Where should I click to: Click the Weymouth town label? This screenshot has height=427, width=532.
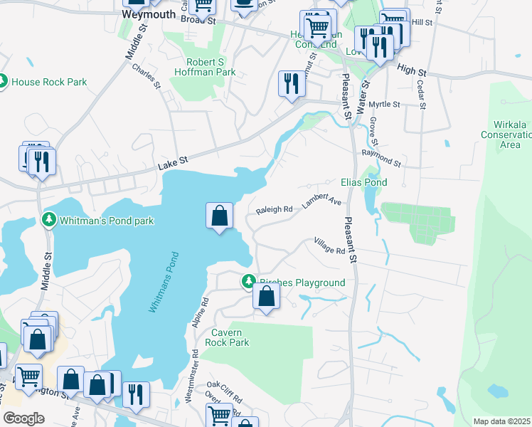(148, 14)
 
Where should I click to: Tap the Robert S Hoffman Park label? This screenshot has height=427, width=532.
(211, 67)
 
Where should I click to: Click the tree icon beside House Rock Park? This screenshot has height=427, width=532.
(3, 82)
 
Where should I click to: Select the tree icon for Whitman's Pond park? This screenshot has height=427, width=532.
(49, 221)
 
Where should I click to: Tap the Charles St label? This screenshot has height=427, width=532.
(147, 77)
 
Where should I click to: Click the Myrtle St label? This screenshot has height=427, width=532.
(385, 105)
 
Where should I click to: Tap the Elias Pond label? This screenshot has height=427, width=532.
(364, 182)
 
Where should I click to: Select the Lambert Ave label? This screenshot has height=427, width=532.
(321, 200)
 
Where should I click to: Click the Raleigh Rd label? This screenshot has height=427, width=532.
(275, 210)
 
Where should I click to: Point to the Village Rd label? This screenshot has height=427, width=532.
(330, 246)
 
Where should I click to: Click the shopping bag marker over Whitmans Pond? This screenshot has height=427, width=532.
(220, 216)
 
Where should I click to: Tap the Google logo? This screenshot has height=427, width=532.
(23, 418)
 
